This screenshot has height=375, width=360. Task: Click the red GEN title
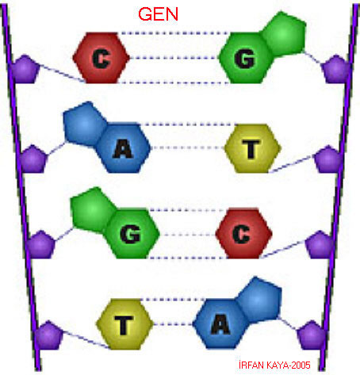[x=158, y=14]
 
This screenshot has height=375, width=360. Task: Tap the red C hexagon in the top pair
[x=101, y=58]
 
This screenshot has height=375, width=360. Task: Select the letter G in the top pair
[x=244, y=59]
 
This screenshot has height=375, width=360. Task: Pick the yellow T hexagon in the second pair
[x=253, y=148]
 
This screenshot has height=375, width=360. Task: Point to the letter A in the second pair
[x=123, y=148]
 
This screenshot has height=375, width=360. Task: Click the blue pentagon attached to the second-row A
[x=85, y=124]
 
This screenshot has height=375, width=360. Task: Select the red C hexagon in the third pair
[x=243, y=234]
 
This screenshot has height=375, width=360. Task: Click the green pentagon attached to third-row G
[x=93, y=210]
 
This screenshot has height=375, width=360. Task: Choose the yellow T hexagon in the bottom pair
[x=124, y=324]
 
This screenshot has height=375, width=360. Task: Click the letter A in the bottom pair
[x=220, y=324]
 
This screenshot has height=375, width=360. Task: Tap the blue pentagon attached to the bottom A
[x=259, y=300]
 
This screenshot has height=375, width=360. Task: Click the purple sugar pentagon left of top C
[x=25, y=69]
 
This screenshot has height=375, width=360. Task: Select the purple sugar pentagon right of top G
[x=335, y=69]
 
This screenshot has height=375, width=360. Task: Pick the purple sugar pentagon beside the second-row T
[x=327, y=159]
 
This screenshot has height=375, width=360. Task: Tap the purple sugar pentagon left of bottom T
[x=48, y=335]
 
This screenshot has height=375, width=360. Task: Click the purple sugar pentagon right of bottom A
[x=312, y=335]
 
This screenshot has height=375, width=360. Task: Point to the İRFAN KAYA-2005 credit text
[x=274, y=365]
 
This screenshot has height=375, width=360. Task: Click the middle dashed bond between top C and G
[x=174, y=58]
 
